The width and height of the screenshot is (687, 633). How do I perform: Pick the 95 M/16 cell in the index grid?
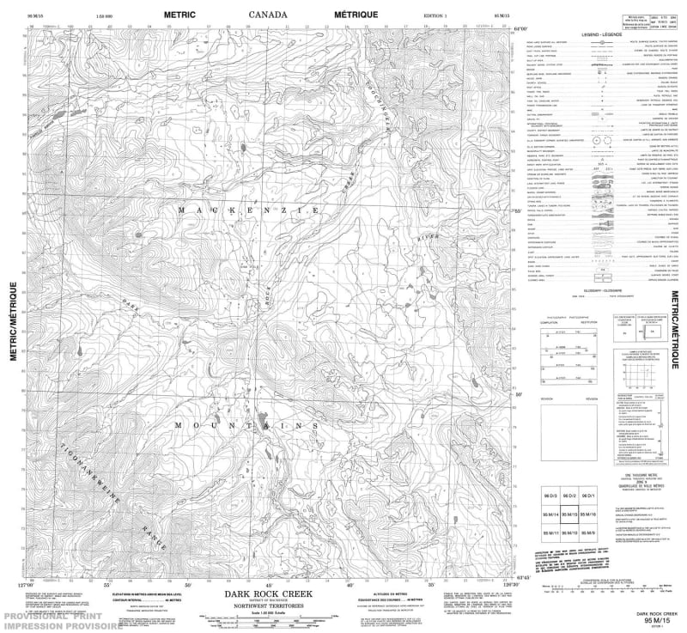tap(588, 514)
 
